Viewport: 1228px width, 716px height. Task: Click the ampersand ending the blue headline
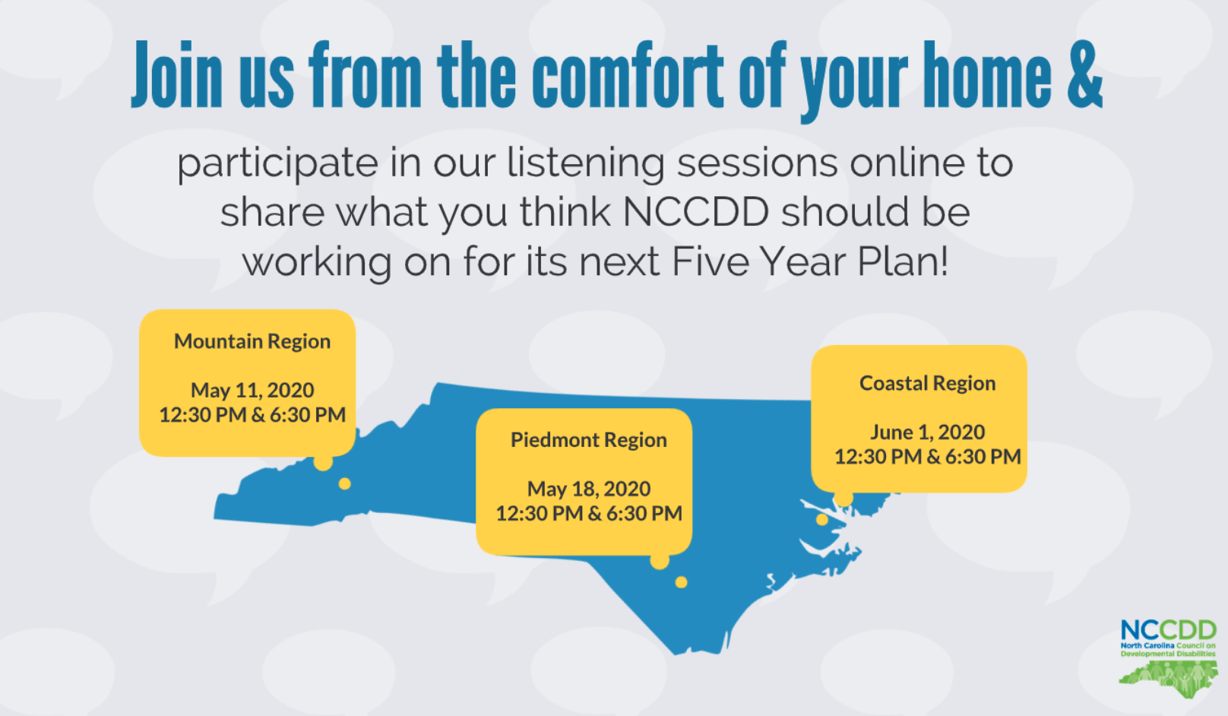pos(1085,74)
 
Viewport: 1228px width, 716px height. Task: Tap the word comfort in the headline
pos(627,74)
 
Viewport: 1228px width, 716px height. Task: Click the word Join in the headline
pos(176,74)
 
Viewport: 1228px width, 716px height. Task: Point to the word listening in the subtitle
pos(585,164)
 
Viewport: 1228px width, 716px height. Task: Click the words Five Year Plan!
pos(810,261)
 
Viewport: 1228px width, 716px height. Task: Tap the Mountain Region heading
pos(252,341)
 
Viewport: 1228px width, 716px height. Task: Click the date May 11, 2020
pos(252,391)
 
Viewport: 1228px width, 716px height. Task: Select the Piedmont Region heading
pos(589,440)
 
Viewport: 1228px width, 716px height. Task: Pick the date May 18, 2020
pos(589,489)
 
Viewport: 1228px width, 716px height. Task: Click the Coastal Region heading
pos(928,383)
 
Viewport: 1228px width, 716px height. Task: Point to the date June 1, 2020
pos(928,432)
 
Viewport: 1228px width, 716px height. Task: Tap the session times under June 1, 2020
pos(928,457)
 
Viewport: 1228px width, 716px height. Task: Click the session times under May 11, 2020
pos(252,415)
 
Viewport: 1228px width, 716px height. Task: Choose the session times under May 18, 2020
pos(589,514)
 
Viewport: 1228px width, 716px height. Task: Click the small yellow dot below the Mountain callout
pos(345,483)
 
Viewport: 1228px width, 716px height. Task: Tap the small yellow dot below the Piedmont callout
pos(682,582)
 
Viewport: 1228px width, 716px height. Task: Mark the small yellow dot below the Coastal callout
pos(822,519)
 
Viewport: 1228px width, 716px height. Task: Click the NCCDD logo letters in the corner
pos(1168,630)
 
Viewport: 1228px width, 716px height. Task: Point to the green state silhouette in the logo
pos(1168,679)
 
